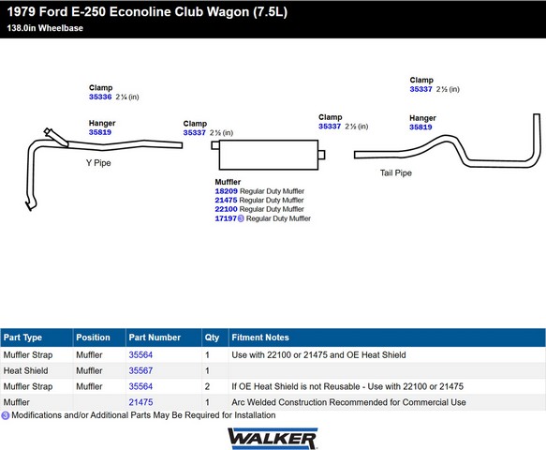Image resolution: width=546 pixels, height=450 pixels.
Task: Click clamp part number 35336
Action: [x=100, y=97]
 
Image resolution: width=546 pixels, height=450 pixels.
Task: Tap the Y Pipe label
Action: [x=98, y=163]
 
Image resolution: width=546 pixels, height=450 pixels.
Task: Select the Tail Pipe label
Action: [x=396, y=172]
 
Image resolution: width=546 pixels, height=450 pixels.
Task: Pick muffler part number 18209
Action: [x=227, y=191]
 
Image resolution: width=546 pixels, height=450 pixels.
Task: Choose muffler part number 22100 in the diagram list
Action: [x=227, y=209]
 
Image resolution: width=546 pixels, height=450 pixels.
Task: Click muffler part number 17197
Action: [x=226, y=218]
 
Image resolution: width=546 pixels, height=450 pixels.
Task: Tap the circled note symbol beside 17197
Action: [x=241, y=218]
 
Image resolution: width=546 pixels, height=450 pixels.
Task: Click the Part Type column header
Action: [x=22, y=337]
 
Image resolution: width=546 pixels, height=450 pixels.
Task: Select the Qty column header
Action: [x=212, y=337]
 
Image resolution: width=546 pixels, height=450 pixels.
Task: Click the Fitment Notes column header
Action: [x=260, y=337]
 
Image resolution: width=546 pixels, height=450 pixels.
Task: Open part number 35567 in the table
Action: [x=140, y=370]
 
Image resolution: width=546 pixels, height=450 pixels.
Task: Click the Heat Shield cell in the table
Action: [x=26, y=370]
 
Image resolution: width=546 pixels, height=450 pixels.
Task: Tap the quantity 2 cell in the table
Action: [x=207, y=386]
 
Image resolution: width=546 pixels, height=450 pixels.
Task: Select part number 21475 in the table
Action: [x=140, y=402]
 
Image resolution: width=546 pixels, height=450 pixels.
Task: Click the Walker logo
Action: [x=273, y=439]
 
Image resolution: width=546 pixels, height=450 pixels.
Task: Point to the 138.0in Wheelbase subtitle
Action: [x=45, y=28]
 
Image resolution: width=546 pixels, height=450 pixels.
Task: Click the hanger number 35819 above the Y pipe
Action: [x=100, y=132]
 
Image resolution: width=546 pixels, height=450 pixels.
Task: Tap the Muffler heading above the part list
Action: [x=228, y=182]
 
